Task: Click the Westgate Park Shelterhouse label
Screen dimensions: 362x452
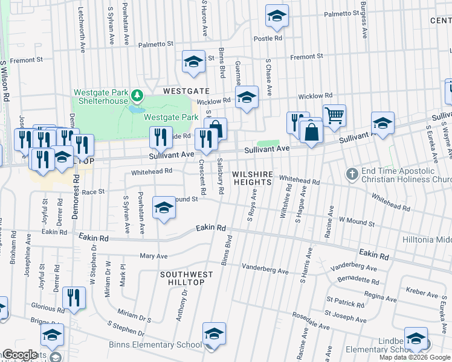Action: (101, 97)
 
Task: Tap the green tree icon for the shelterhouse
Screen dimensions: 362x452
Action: (138, 95)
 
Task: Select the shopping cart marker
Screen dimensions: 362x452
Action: (334, 114)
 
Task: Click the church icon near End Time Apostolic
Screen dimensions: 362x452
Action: (352, 174)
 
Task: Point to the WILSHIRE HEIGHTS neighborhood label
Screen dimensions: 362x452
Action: (253, 178)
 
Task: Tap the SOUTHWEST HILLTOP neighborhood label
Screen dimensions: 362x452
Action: (187, 279)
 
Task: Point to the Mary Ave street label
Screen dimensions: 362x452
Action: (153, 256)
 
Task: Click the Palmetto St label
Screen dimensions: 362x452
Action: (155, 44)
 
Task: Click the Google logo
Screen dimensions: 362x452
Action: (19, 355)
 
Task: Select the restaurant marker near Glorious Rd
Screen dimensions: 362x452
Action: (74, 298)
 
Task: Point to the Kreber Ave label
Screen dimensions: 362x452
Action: (422, 292)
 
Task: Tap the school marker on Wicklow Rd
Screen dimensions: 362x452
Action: (247, 98)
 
